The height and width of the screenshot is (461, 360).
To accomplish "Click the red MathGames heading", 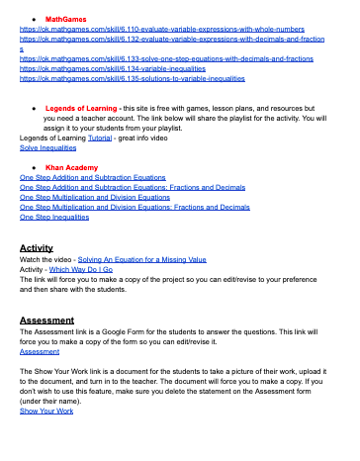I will coord(65,19).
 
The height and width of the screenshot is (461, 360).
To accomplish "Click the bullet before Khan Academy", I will coord(36,169).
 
